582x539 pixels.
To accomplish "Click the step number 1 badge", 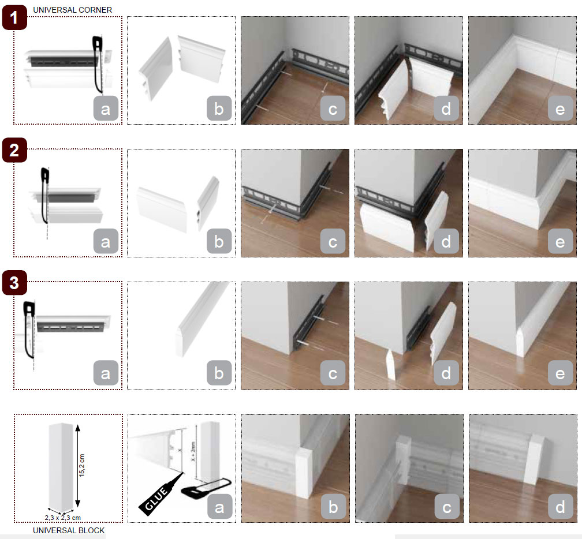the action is (x=14, y=17).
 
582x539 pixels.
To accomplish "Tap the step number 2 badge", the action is (x=14, y=150).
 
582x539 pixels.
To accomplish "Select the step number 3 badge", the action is (x=14, y=283).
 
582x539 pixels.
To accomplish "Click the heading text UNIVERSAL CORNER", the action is (x=72, y=10).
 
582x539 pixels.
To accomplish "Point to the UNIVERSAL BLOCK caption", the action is (x=69, y=530).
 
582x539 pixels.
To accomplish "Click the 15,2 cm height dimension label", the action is (x=82, y=465).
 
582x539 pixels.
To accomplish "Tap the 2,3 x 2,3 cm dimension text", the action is (x=63, y=518).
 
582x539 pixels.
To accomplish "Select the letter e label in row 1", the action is (x=560, y=108).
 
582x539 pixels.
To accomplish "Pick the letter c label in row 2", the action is (x=333, y=241).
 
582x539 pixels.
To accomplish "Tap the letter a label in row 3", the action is (x=106, y=373).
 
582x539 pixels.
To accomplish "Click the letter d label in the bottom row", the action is (x=560, y=506).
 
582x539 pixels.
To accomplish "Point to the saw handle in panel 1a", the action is (x=98, y=42).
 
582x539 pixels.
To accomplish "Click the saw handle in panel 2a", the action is (x=45, y=175).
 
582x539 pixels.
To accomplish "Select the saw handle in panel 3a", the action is (x=29, y=309).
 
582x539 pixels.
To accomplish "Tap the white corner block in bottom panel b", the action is (x=304, y=472).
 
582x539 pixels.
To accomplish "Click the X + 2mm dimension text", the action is (x=193, y=451).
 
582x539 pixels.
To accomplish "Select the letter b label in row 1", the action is (x=219, y=108).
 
